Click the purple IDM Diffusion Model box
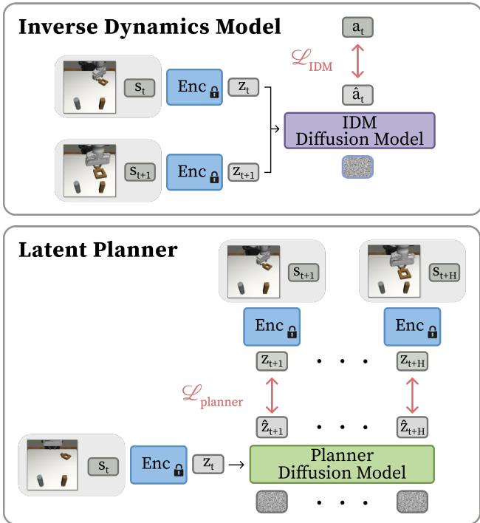[x=359, y=130]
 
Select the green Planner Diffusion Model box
[x=342, y=464]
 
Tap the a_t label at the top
[x=358, y=29]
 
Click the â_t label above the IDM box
[x=358, y=95]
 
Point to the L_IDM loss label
[x=311, y=63]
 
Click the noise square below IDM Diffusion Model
[x=358, y=167]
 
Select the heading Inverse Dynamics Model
[x=150, y=27]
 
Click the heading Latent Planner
[x=97, y=249]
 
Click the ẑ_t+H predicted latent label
[x=412, y=427]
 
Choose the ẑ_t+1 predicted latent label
[x=272, y=427]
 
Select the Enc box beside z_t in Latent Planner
[x=158, y=465]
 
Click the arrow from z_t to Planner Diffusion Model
[x=237, y=465]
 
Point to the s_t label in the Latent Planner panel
[x=103, y=466]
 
